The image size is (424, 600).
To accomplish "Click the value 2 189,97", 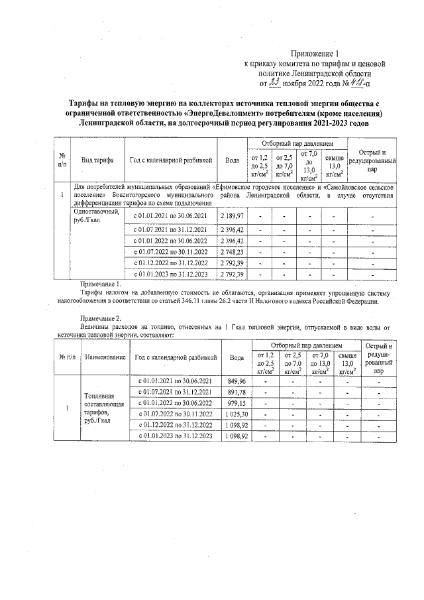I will point(232,216).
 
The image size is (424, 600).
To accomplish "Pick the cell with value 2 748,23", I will point(232,252).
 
